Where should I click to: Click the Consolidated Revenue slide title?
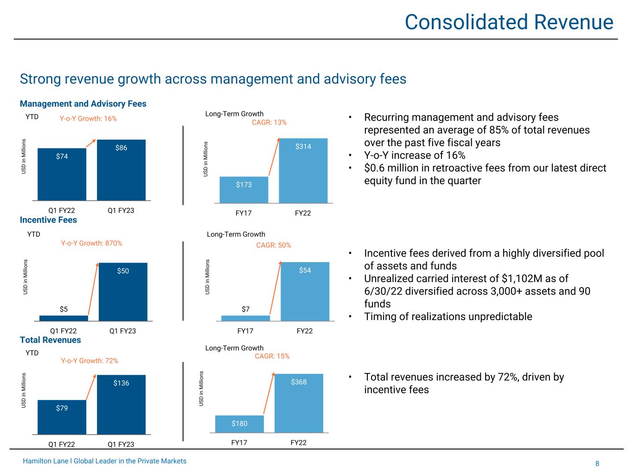pyautogui.click(x=509, y=22)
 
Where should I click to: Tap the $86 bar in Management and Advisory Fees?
pyautogui.click(x=121, y=170)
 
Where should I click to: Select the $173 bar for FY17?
pyautogui.click(x=243, y=190)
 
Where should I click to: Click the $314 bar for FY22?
pyautogui.click(x=303, y=170)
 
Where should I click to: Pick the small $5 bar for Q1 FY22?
pyautogui.click(x=64, y=318)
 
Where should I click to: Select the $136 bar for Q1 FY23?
pyautogui.click(x=121, y=404)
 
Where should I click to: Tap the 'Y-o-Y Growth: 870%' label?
pyautogui.click(x=91, y=243)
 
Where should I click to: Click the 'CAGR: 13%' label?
pyautogui.click(x=269, y=122)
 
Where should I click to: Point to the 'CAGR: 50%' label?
pyautogui.click(x=274, y=245)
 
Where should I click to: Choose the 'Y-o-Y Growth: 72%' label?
pyautogui.click(x=90, y=360)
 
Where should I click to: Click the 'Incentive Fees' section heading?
pyautogui.click(x=48, y=220)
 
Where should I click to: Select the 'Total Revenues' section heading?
pyautogui.click(x=50, y=340)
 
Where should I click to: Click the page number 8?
pyautogui.click(x=597, y=464)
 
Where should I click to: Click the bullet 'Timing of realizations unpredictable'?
pyautogui.click(x=448, y=317)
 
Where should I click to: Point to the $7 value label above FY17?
pyautogui.click(x=245, y=309)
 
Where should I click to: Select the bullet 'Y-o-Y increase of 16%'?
pyautogui.click(x=415, y=155)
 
